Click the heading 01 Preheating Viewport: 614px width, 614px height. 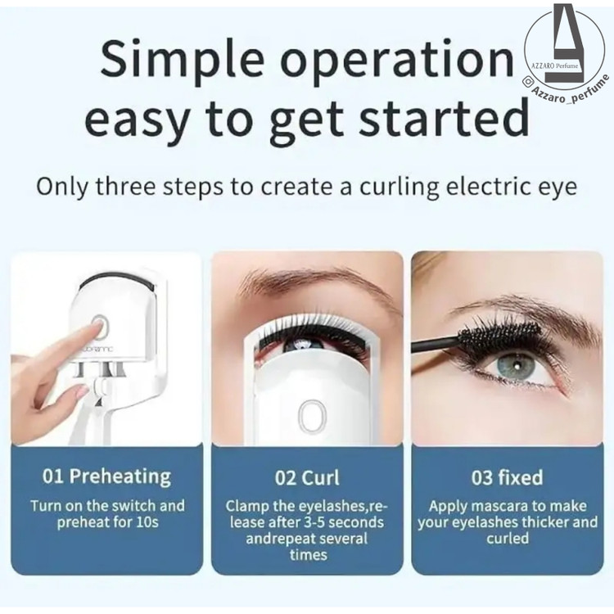pos(106,476)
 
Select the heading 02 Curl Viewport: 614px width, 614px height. pos(307,477)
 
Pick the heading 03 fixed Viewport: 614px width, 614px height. pos(507,477)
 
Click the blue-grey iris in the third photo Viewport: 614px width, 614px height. pos(516,367)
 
